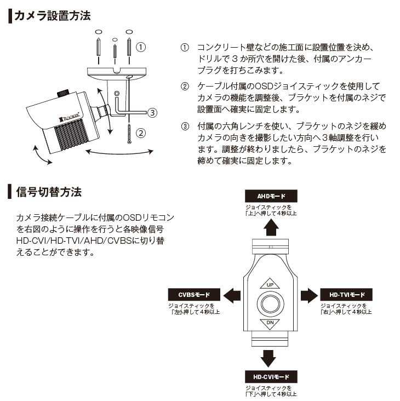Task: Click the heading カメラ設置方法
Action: (x=52, y=15)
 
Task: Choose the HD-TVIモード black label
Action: (x=347, y=295)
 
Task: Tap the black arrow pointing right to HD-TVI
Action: (x=308, y=295)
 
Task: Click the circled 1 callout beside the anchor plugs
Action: (x=141, y=47)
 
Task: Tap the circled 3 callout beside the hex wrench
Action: (x=152, y=113)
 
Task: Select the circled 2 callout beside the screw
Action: (x=141, y=133)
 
